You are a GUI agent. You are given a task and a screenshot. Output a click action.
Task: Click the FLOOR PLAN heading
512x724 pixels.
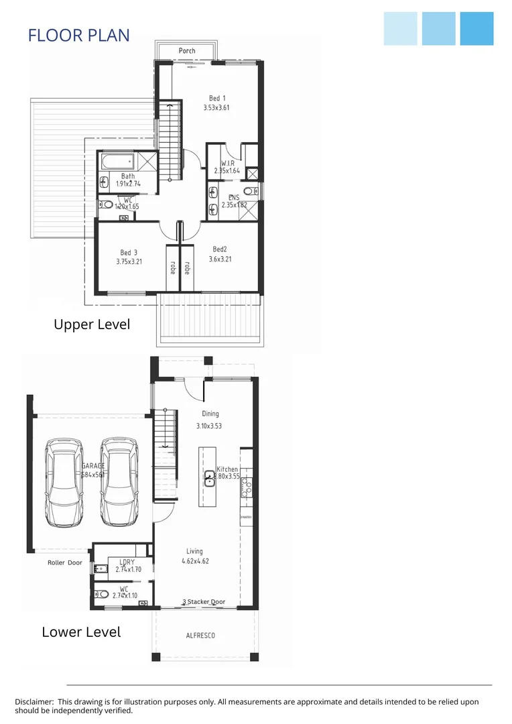[78, 36]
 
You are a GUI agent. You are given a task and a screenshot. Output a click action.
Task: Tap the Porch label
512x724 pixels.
[187, 51]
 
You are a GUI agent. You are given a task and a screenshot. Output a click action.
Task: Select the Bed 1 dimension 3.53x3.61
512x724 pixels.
[216, 107]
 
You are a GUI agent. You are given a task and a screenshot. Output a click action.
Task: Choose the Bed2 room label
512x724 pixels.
[220, 249]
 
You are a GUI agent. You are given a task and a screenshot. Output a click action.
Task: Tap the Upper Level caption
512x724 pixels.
[92, 324]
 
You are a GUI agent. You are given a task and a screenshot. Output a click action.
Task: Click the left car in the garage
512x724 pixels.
[64, 475]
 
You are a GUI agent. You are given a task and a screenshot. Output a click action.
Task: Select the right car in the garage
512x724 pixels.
[119, 475]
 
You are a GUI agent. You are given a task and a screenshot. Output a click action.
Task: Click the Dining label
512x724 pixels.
[210, 414]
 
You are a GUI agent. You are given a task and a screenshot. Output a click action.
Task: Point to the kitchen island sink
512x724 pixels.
[209, 477]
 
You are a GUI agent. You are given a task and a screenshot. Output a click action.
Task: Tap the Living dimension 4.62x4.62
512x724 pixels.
[195, 561]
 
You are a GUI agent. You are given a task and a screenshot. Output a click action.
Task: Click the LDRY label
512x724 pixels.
[127, 562]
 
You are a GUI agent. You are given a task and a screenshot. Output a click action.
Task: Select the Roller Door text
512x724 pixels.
[65, 563]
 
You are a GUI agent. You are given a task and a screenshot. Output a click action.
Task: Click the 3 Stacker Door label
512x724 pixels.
[204, 602]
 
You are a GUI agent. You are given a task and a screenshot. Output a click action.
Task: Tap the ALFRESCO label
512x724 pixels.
[200, 636]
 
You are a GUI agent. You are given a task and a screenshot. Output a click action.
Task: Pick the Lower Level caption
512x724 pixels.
[81, 632]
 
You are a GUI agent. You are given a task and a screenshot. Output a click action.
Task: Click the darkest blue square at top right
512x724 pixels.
[476, 29]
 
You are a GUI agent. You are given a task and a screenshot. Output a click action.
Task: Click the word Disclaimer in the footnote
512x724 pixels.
[34, 702]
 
